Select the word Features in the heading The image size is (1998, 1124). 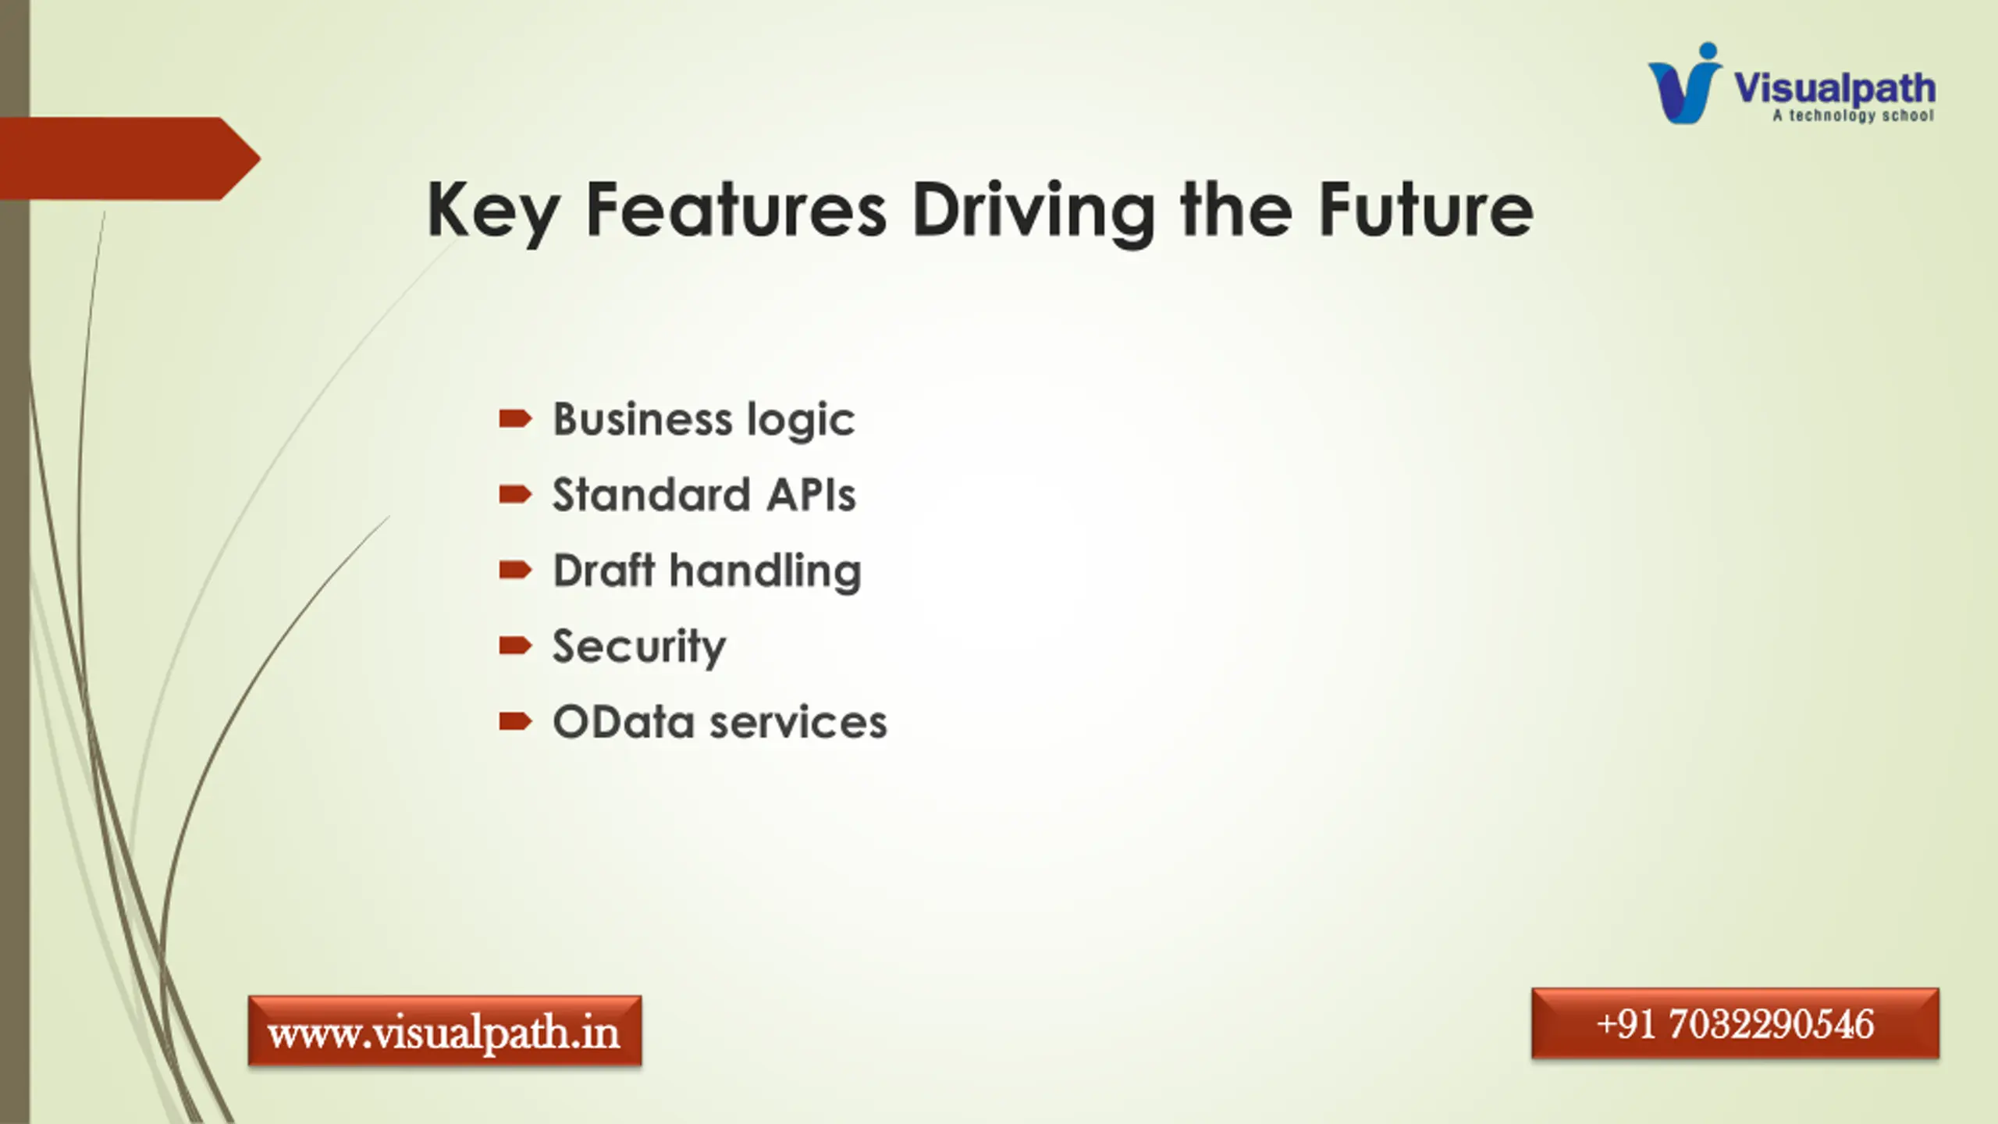pos(736,208)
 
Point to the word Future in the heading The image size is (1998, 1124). pos(1426,208)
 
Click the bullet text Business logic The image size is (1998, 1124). pos(704,420)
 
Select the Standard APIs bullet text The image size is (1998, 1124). pos(704,495)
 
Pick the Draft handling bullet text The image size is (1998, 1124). pos(707,571)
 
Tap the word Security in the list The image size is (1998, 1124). pos(639,647)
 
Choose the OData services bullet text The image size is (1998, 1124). pos(720,722)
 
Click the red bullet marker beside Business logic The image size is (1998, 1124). pos(515,419)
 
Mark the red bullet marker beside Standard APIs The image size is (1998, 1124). pos(515,495)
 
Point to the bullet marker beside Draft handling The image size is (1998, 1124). pos(515,571)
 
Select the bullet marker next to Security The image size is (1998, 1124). pos(515,646)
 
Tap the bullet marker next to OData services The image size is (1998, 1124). pos(515,721)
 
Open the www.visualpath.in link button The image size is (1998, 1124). pos(445,1031)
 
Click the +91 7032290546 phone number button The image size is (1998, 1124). pos(1735,1024)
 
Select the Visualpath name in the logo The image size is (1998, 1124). pos(1835,89)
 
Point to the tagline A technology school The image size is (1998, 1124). pos(1853,116)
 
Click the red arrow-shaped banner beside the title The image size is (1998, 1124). pos(130,158)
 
